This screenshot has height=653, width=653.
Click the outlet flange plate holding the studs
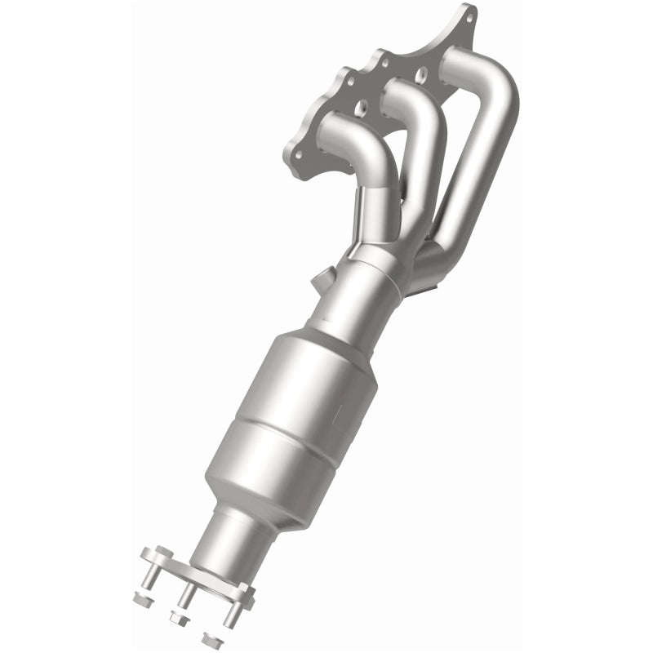200,571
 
